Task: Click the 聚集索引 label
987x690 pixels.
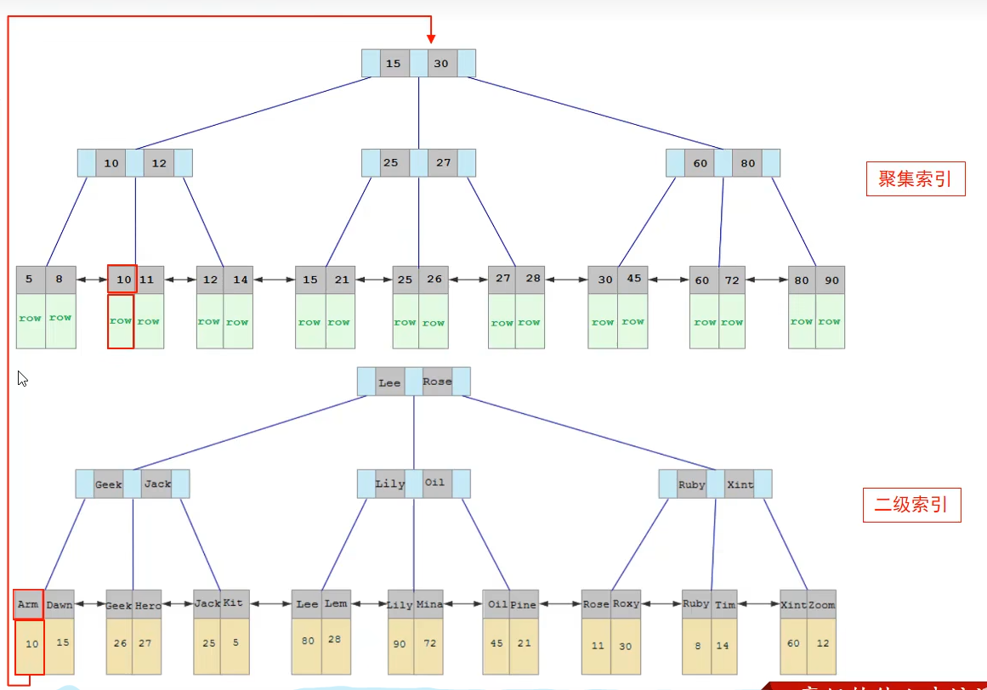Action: pos(915,178)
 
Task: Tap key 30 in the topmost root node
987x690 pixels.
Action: pos(441,64)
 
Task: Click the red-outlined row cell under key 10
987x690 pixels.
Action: pos(121,321)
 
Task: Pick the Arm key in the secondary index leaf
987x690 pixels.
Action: pos(28,605)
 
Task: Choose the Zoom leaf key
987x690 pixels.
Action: pos(821,605)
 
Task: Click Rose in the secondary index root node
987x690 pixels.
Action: pos(437,382)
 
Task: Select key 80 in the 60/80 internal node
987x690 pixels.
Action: pos(746,163)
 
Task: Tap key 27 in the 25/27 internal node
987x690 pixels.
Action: pos(443,163)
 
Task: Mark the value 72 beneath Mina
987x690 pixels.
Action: pos(430,643)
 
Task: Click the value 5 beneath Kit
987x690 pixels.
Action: pos(235,643)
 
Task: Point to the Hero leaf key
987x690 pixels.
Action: pos(147,605)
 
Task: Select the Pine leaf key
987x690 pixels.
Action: pos(524,605)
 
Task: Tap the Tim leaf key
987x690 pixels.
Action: pos(724,605)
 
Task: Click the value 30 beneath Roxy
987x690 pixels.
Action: pos(626,646)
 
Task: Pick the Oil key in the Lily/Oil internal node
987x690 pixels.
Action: pos(434,484)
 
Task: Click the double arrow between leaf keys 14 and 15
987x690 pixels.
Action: pos(274,280)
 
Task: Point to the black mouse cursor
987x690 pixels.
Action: pos(23,379)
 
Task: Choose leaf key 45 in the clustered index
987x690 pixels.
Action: pos(634,280)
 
